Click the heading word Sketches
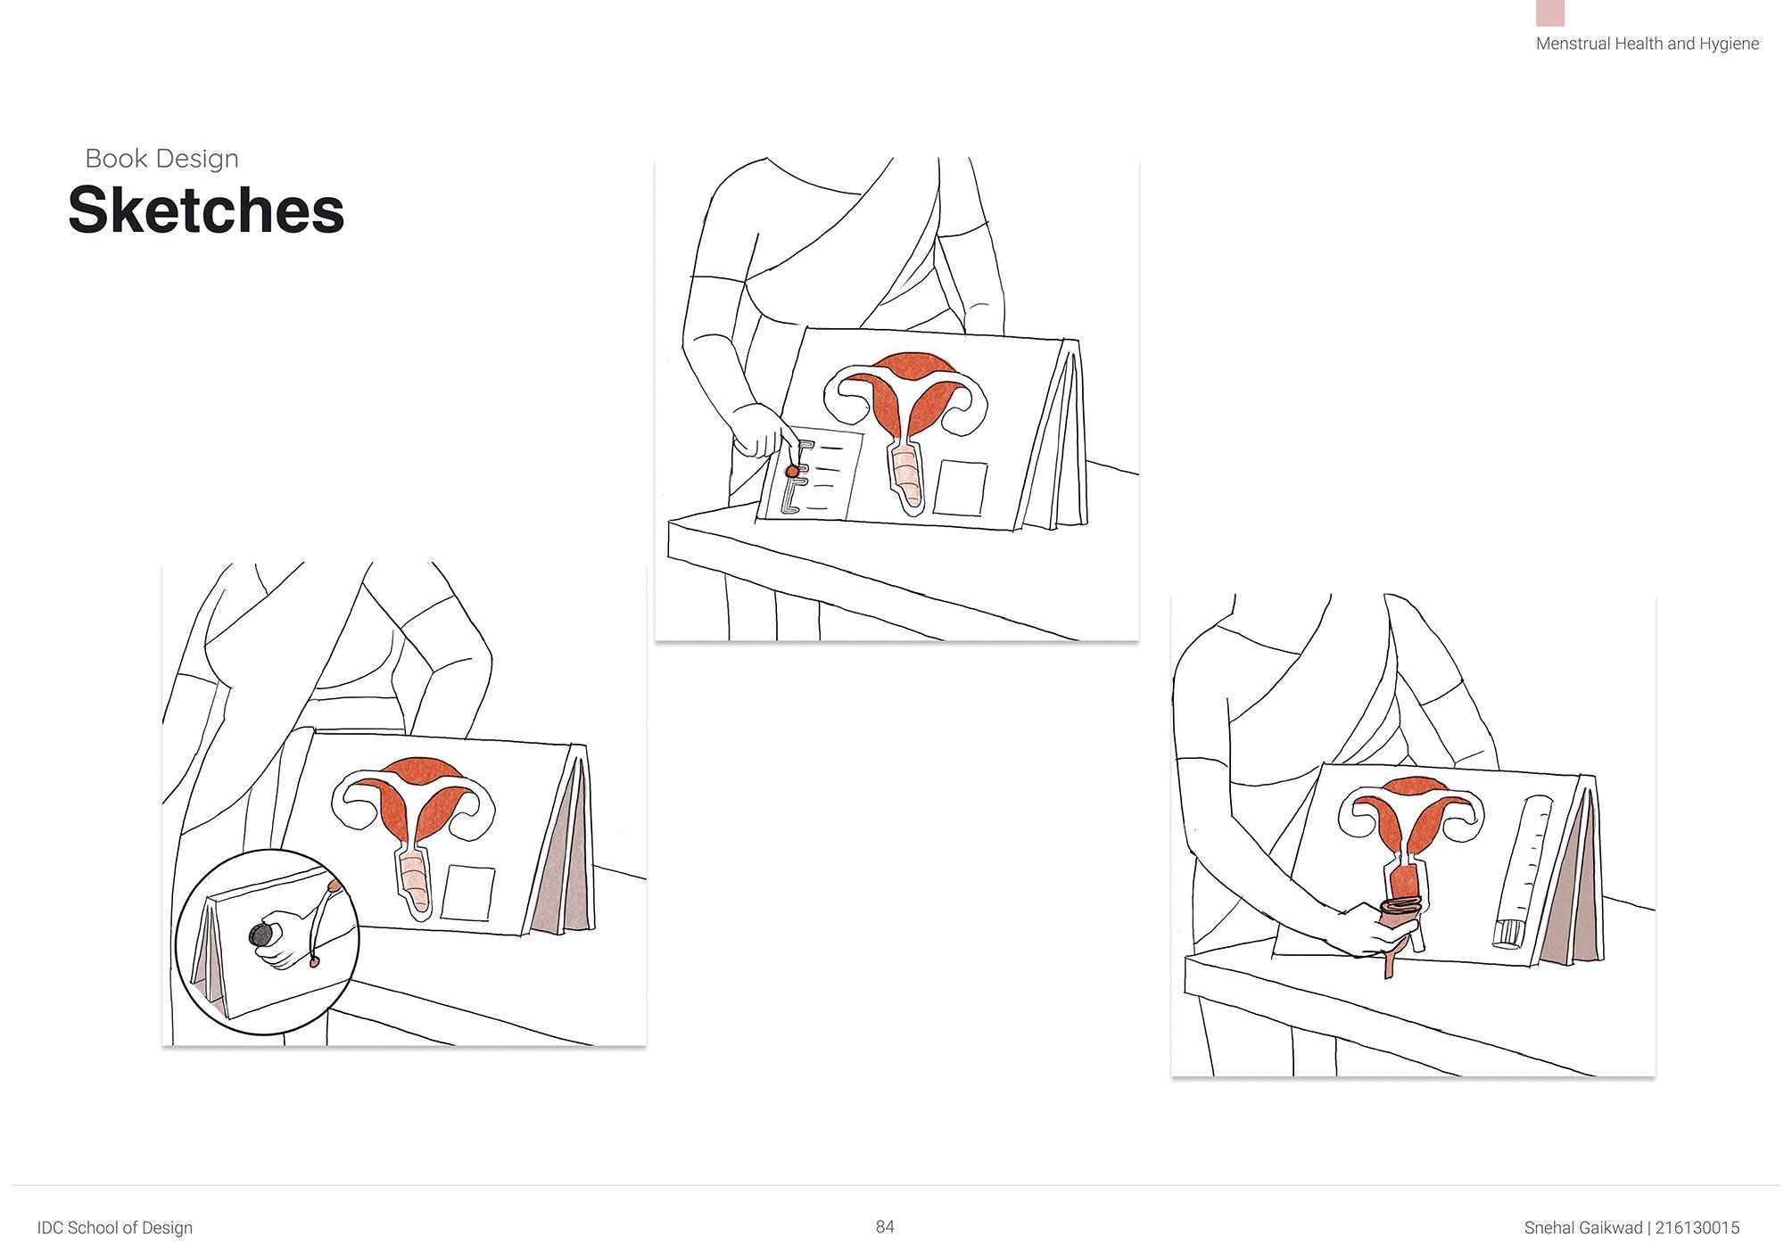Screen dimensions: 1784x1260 click(x=206, y=211)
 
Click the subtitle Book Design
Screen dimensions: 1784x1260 click(x=162, y=159)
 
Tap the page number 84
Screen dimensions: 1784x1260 click(x=885, y=1227)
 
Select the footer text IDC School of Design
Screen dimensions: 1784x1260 click(x=115, y=1228)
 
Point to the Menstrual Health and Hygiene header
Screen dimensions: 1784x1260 click(x=1648, y=44)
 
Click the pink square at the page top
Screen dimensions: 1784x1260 click(x=1550, y=12)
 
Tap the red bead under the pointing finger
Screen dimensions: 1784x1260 click(x=791, y=470)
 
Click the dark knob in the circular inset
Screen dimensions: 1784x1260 click(x=261, y=935)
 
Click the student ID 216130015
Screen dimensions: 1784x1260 click(x=1697, y=1228)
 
